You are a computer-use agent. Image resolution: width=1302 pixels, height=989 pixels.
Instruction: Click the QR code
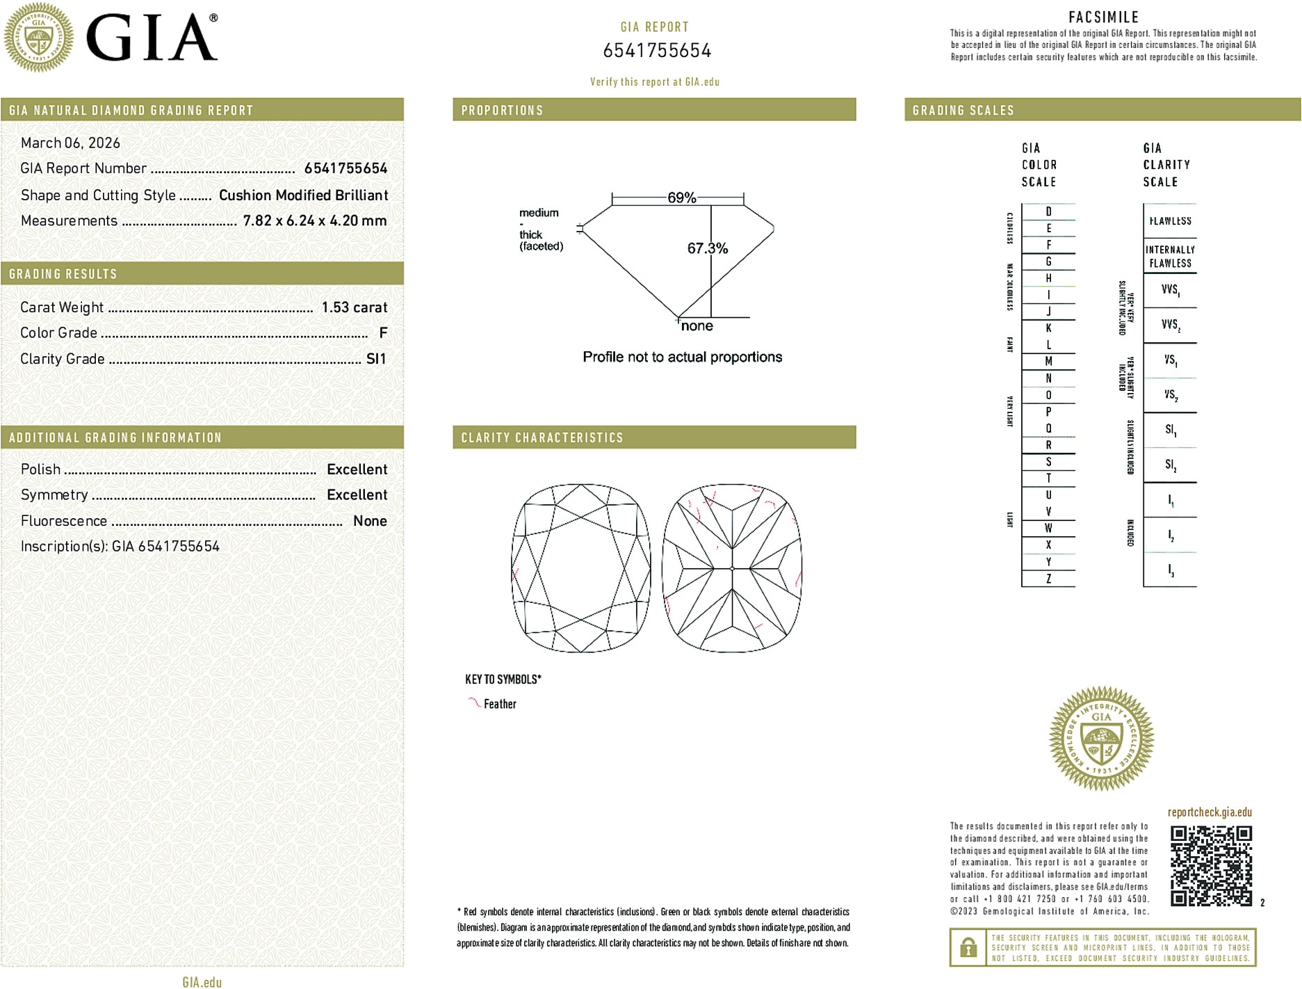1211,865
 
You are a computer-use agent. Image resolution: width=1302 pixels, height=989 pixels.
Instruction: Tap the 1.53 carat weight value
354,307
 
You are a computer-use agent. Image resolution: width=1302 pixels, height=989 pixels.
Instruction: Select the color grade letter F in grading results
383,333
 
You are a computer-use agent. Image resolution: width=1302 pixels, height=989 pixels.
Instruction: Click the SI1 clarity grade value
375,359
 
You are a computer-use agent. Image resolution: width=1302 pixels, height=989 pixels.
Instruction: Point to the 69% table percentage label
681,198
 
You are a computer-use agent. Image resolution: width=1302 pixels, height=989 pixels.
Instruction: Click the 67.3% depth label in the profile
707,248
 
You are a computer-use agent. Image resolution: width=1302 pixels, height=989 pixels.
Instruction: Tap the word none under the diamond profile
697,326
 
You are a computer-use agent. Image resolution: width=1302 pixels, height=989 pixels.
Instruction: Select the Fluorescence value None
370,521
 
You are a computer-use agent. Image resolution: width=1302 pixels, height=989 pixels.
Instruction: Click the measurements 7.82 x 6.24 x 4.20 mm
314,221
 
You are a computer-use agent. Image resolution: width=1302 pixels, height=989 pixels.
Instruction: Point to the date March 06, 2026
70,143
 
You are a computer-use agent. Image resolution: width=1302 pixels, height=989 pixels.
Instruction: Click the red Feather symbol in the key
474,702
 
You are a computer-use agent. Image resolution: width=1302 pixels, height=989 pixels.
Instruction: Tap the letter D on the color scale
1048,211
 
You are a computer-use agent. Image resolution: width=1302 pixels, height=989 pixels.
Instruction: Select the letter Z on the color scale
1048,579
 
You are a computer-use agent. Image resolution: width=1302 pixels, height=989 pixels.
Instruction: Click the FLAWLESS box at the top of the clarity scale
1170,221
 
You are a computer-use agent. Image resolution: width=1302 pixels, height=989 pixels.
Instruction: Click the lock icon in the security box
968,947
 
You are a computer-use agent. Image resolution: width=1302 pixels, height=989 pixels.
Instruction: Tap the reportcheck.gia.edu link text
1210,812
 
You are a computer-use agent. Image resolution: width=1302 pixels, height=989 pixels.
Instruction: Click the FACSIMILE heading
1103,17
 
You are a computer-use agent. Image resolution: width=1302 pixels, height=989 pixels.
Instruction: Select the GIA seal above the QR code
1101,739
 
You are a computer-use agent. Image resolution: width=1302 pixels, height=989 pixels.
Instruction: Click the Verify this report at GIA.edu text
654,82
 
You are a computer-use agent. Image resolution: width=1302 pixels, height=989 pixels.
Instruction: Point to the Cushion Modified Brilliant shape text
303,195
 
